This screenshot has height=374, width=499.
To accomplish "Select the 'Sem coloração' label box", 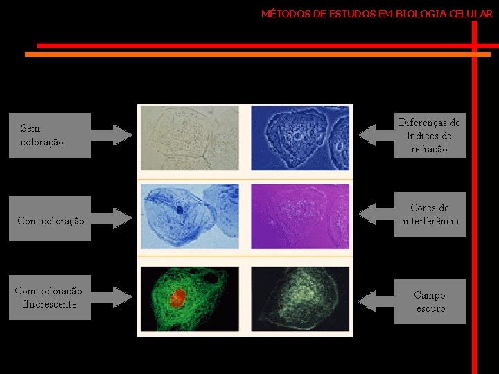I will (x=50, y=135).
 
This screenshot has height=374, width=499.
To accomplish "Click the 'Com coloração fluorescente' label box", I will (x=50, y=297).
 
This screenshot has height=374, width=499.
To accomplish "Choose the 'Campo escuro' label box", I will (x=430, y=301).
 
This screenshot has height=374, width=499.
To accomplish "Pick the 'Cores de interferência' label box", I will (x=430, y=215).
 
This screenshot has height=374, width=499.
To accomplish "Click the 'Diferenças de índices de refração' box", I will (x=430, y=136).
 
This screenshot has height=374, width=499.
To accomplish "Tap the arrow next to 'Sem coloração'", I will (x=112, y=135).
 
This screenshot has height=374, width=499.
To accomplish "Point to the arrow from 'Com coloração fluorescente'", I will (x=112, y=297).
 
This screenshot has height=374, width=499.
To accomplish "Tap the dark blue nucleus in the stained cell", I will (x=180, y=208).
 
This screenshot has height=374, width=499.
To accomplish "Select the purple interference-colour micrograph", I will (x=301, y=216).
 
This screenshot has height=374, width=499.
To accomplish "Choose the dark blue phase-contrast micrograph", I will (x=301, y=137).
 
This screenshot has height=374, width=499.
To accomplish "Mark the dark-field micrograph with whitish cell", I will (x=301, y=299).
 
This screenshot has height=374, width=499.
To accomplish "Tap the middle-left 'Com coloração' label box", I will (x=50, y=221).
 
